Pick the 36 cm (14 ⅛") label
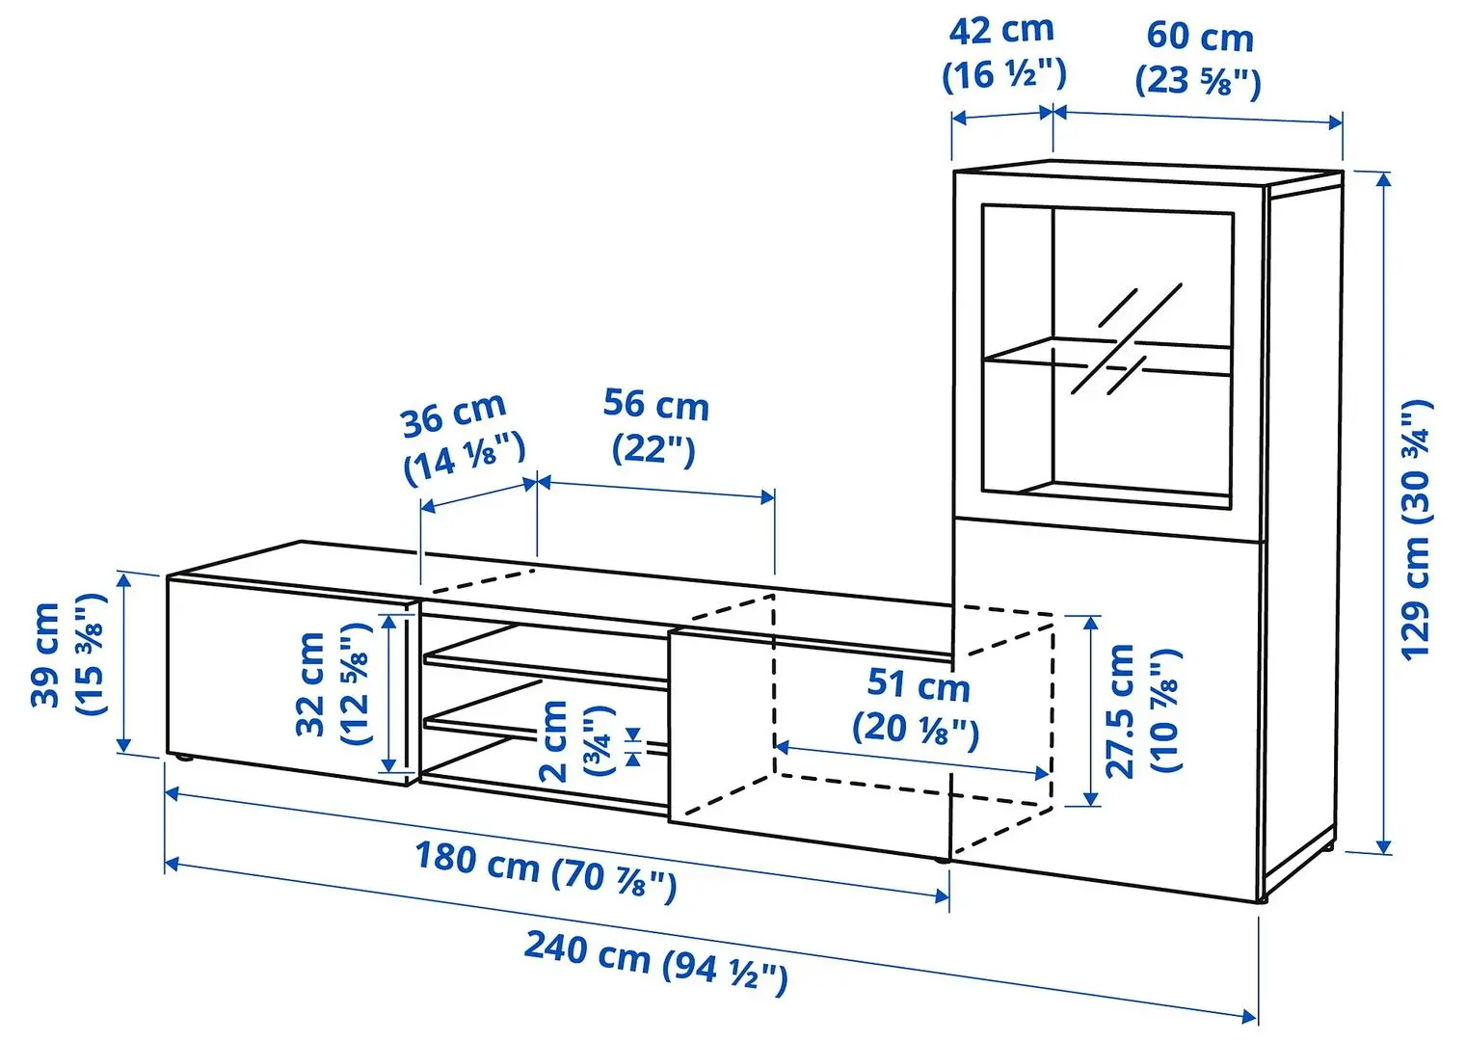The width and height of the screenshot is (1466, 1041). click(x=461, y=439)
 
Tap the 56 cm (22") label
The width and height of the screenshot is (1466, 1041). click(x=655, y=425)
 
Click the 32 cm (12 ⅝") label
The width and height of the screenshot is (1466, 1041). click(x=333, y=683)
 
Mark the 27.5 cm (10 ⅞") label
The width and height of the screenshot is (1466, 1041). click(x=1141, y=710)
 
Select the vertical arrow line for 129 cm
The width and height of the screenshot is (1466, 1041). click(x=1385, y=511)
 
